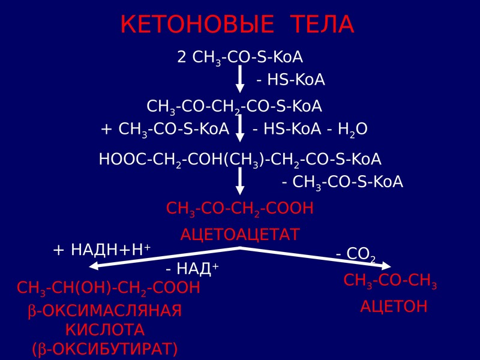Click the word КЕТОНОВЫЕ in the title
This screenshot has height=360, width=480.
[x=197, y=24]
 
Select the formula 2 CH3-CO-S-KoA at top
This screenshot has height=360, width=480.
[x=241, y=58]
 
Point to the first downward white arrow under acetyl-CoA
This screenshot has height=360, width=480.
[x=240, y=79]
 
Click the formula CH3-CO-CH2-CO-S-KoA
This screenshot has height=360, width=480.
[x=234, y=107]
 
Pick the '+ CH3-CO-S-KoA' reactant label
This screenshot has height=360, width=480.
[x=164, y=130]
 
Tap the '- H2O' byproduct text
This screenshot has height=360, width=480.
[x=347, y=130]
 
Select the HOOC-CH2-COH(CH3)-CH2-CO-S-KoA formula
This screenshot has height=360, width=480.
[x=240, y=160]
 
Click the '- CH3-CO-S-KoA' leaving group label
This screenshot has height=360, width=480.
[x=342, y=182]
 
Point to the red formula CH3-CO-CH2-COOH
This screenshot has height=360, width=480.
[x=240, y=209]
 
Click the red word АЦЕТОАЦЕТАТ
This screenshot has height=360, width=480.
[x=240, y=235]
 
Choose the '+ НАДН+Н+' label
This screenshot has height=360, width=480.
[x=101, y=250]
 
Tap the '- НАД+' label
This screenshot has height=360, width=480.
[x=192, y=269]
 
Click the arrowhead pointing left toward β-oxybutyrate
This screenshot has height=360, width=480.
[x=94, y=266]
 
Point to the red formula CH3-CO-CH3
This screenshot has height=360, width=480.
[x=390, y=281]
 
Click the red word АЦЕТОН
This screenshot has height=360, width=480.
[x=394, y=306]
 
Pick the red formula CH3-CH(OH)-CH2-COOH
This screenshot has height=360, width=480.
[x=109, y=288]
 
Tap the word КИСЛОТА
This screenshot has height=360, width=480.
[x=105, y=330]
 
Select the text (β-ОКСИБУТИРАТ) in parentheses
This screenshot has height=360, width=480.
[x=105, y=349]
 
